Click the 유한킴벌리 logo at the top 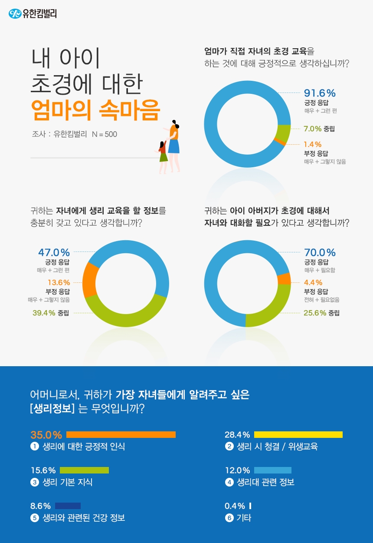33,14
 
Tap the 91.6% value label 320,93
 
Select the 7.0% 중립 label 319,129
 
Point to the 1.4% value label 313,144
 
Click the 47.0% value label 54,252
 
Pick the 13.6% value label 59,282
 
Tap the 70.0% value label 320,252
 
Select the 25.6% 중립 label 321,313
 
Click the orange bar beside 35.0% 121,434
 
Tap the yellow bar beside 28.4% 298,434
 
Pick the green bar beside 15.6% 84,470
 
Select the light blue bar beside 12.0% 272,470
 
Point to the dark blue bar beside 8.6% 68,506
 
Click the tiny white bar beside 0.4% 250,506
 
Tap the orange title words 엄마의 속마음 95,110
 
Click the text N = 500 105,135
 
